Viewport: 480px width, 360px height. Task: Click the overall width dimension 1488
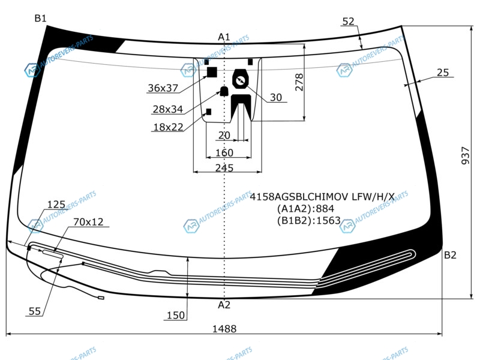coord(224,329)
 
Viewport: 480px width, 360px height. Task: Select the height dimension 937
coord(465,155)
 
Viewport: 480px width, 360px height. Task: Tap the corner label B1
coord(40,19)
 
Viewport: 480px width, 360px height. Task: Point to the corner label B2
coord(450,254)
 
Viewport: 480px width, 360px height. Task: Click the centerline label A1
coord(224,37)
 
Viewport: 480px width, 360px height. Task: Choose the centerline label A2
coord(224,305)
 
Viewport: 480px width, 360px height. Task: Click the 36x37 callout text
coord(163,88)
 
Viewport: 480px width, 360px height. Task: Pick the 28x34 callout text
coord(168,109)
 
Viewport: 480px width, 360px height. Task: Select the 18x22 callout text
coord(168,127)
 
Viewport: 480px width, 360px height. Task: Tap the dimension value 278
coord(299,82)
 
